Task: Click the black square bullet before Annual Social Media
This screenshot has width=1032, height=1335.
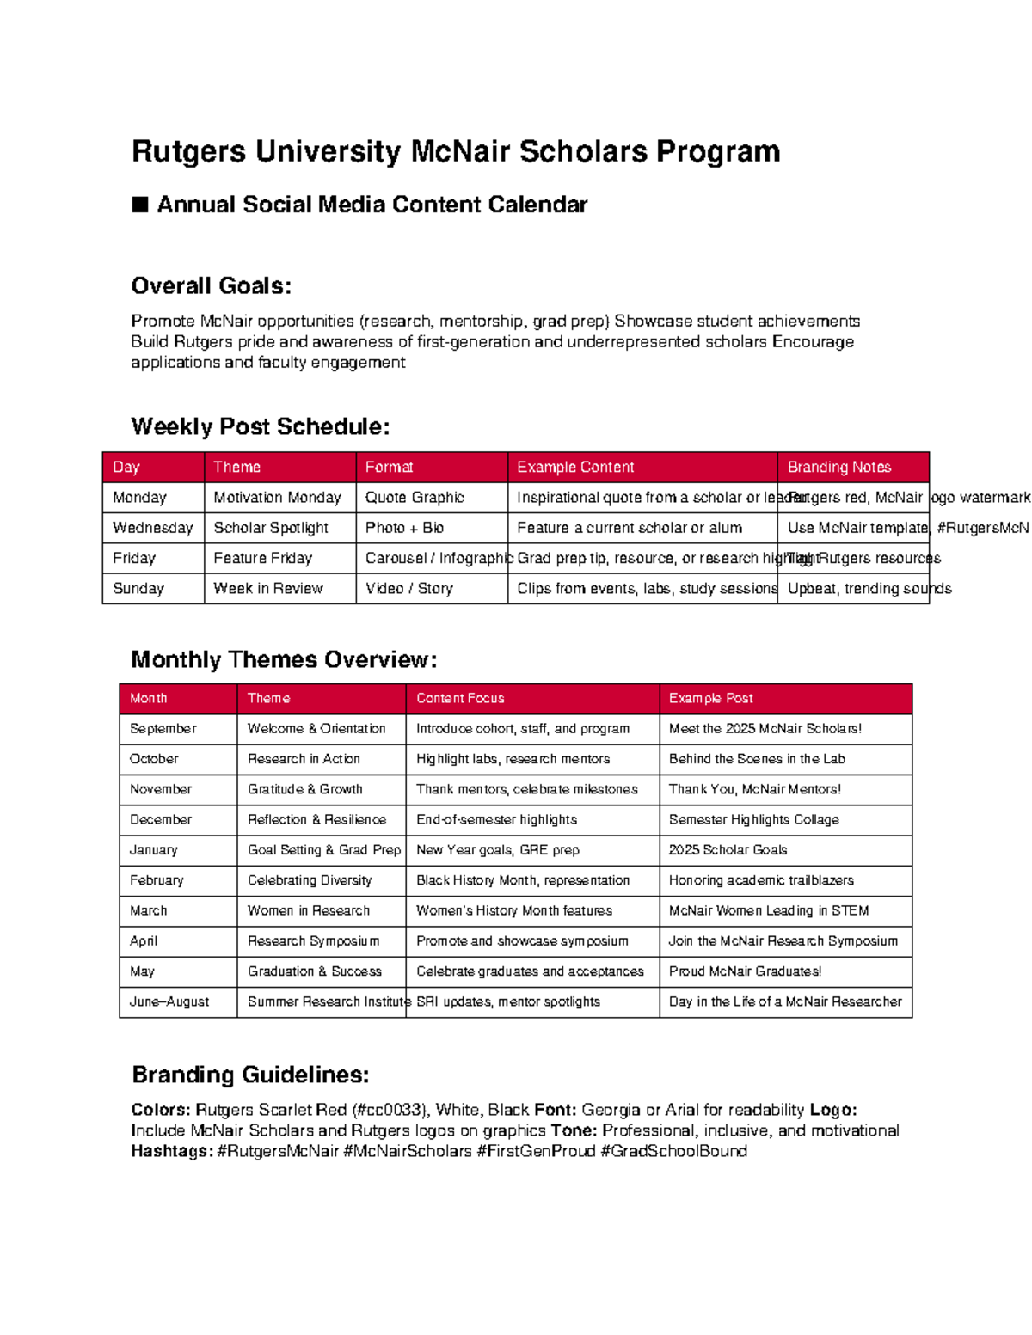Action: [140, 205]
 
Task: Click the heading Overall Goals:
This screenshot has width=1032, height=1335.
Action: [211, 285]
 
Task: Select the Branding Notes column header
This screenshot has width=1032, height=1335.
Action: [838, 467]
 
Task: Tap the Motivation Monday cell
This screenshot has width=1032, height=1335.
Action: [277, 498]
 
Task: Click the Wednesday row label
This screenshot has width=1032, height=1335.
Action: [152, 528]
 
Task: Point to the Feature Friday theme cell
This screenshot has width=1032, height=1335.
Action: [262, 558]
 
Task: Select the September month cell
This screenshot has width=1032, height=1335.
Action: [163, 729]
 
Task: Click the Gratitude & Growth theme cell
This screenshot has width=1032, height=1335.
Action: [304, 789]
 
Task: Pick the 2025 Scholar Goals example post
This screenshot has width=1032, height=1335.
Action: [728, 850]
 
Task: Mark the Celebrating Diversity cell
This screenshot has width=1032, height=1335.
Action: [310, 880]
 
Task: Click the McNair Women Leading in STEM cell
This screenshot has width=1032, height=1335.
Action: [768, 910]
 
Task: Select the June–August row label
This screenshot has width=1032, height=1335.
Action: [169, 1001]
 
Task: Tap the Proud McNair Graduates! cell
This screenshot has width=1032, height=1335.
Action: [745, 971]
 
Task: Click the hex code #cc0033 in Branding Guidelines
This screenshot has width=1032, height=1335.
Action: [390, 1110]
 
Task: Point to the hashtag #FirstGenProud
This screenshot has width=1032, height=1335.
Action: [536, 1151]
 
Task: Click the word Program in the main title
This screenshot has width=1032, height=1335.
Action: [718, 151]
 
